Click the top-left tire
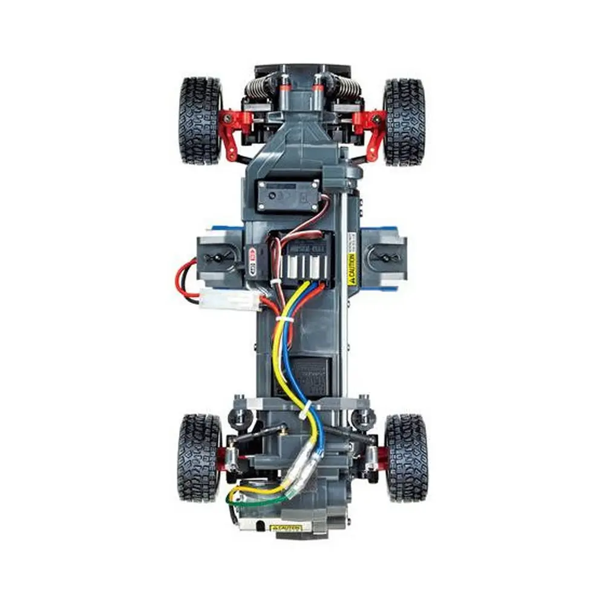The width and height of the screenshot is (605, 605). coord(200,121)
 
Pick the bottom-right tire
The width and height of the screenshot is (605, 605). coord(406,457)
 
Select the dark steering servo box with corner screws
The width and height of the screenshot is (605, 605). coord(288,195)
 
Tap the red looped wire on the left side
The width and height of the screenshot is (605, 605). coord(181,278)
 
